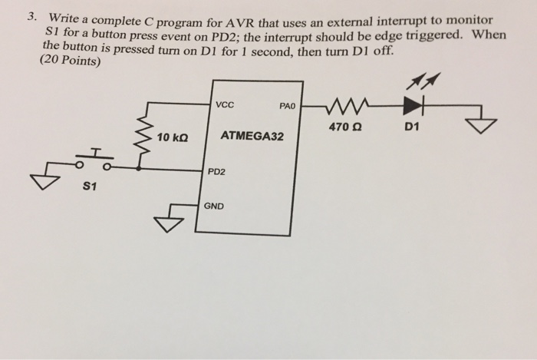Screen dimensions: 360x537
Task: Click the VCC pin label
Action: click(226, 106)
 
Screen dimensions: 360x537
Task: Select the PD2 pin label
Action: click(217, 171)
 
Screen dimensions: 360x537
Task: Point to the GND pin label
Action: click(214, 205)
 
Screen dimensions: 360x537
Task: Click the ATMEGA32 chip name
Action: click(252, 136)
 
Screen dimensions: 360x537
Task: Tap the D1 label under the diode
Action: click(411, 127)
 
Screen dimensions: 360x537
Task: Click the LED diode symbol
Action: click(417, 104)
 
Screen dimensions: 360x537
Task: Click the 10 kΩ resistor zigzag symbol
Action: click(141, 140)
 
